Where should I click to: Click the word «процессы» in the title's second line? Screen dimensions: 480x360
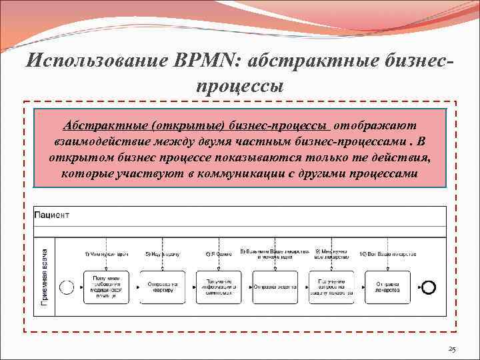coord(240,86)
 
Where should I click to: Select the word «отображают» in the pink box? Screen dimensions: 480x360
coord(376,125)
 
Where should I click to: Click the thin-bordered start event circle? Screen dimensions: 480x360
coord(66,287)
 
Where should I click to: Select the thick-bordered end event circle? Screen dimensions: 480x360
coord(429,287)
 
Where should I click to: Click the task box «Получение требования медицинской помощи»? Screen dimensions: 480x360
coord(106,287)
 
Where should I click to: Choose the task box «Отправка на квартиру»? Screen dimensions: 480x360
coord(162,287)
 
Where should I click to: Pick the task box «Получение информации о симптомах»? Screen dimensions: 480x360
coord(219,287)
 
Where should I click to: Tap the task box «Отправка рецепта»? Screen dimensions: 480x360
coord(275,287)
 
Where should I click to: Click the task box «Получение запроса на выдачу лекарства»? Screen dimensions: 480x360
coord(331,287)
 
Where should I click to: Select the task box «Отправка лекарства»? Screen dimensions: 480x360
coord(387,287)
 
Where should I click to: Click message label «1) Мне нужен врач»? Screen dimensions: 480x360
coord(106,254)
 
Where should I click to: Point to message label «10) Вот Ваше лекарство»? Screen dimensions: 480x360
coord(388,254)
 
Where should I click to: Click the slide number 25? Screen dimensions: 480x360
coord(451,349)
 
